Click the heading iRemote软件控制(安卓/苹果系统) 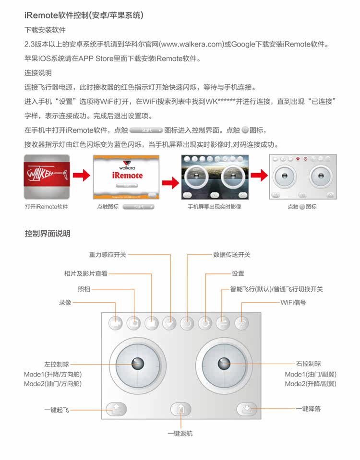tap(84, 15)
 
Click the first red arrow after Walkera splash tap(83, 176)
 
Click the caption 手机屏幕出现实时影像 tap(214, 207)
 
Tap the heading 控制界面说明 tap(48, 234)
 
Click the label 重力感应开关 tap(108, 255)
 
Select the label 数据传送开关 tap(232, 255)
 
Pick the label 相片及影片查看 tap(86, 274)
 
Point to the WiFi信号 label tap(293, 303)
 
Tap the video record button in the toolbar tap(116, 323)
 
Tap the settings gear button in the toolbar tap(205, 323)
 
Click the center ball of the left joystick tap(138, 364)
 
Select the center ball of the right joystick tap(223, 364)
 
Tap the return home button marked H tap(181, 410)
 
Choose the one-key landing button tap(247, 410)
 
